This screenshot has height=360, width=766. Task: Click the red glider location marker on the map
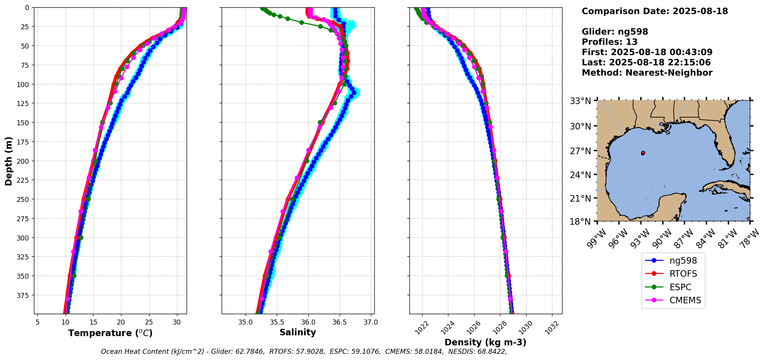[643, 153]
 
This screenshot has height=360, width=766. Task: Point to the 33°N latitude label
[580, 101]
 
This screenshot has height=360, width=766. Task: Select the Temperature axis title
[110, 333]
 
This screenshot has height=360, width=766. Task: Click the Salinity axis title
[298, 332]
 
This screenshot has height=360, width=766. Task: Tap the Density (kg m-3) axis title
[485, 342]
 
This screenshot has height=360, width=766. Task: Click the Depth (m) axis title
[8, 161]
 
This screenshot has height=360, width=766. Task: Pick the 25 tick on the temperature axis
[149, 322]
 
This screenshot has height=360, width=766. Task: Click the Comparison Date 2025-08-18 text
[655, 11]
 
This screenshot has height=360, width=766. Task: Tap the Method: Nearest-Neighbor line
[647, 73]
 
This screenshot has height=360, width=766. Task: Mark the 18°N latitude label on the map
[580, 222]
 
